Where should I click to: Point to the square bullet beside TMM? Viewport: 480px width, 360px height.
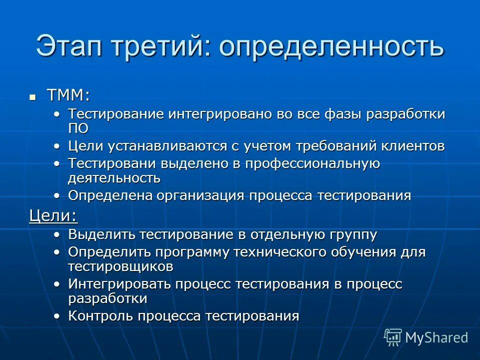(x=33, y=96)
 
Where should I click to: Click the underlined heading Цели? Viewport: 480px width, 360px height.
(x=53, y=215)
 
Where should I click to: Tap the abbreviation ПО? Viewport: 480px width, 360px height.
(x=78, y=128)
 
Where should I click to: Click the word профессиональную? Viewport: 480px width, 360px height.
(x=305, y=163)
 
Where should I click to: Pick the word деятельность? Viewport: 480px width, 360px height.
(x=114, y=177)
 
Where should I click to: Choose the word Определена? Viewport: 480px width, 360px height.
(x=110, y=195)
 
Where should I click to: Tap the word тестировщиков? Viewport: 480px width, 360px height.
(x=121, y=266)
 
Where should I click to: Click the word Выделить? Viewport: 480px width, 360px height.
(x=101, y=234)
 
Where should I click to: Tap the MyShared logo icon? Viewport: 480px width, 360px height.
(x=393, y=337)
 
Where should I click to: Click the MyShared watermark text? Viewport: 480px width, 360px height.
(x=436, y=338)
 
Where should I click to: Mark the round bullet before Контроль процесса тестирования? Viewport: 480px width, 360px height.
(x=58, y=316)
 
